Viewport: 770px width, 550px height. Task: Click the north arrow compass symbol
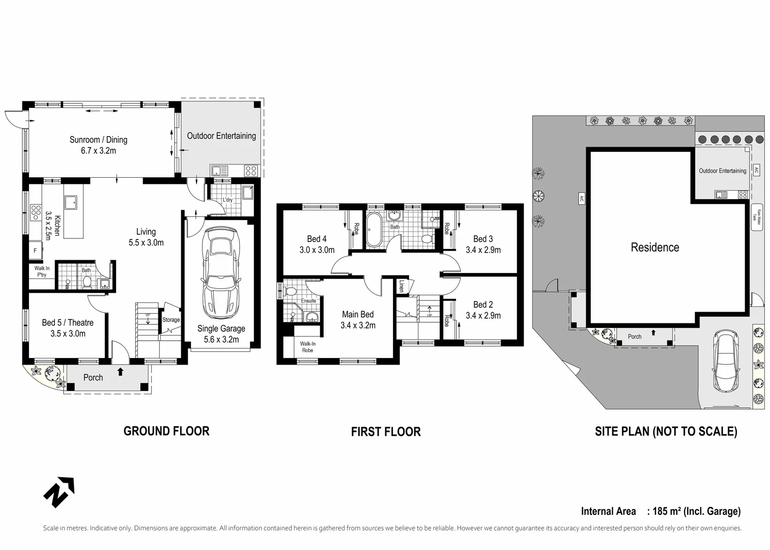tap(59, 492)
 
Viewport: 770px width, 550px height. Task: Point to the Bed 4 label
tap(317, 239)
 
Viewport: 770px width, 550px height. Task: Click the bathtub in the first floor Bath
tap(374, 230)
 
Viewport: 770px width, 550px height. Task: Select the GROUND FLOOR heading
tap(166, 431)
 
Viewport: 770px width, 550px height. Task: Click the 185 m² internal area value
tap(667, 511)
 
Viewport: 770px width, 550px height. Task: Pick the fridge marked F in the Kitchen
tap(36, 250)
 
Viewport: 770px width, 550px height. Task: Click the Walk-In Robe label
tap(307, 347)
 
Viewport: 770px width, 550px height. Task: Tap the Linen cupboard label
tap(402, 286)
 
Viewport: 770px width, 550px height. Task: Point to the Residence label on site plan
tap(654, 248)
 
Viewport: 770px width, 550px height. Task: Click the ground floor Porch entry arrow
tap(120, 372)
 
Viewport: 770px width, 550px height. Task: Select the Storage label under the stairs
tap(171, 320)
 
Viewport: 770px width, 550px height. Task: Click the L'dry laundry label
tap(227, 200)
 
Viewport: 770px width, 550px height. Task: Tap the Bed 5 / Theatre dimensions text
tap(68, 334)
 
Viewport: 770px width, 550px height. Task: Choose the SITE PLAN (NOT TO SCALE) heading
tap(666, 432)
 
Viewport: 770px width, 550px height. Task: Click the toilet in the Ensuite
tap(291, 291)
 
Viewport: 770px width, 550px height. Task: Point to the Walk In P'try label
tap(42, 271)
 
